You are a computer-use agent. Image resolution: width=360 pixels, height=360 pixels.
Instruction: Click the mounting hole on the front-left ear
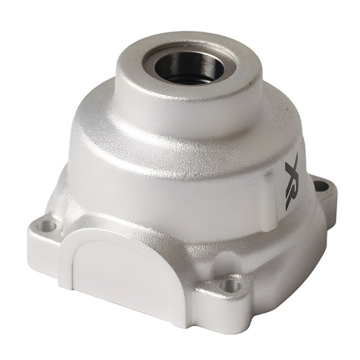click(x=46, y=226)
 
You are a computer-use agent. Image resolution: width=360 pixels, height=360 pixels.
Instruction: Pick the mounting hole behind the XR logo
click(x=322, y=186)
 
